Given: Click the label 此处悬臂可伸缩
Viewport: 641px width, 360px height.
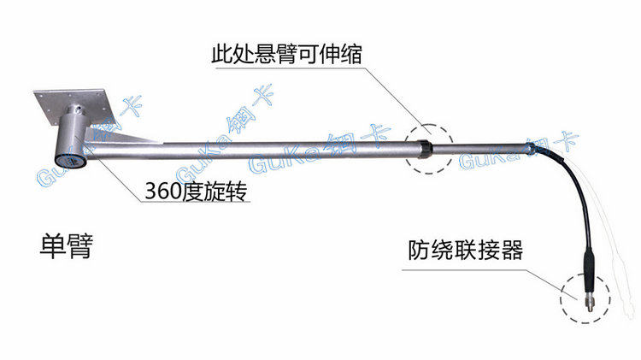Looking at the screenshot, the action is click(x=286, y=54).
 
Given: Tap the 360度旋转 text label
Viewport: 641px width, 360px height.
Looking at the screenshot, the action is click(x=197, y=191).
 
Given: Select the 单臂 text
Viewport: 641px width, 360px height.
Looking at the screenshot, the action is click(x=66, y=246).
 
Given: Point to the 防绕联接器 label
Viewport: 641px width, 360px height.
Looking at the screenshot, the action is click(x=465, y=250).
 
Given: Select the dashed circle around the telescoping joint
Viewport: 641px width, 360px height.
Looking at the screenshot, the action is click(x=429, y=124).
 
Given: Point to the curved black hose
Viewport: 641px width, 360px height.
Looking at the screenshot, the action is click(x=577, y=192).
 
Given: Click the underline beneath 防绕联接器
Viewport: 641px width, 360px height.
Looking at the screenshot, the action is click(x=463, y=269).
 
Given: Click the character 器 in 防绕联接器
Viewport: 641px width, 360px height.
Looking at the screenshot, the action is click(x=512, y=250).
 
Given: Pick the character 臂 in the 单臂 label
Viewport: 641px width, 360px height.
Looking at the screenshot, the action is click(x=80, y=246).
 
